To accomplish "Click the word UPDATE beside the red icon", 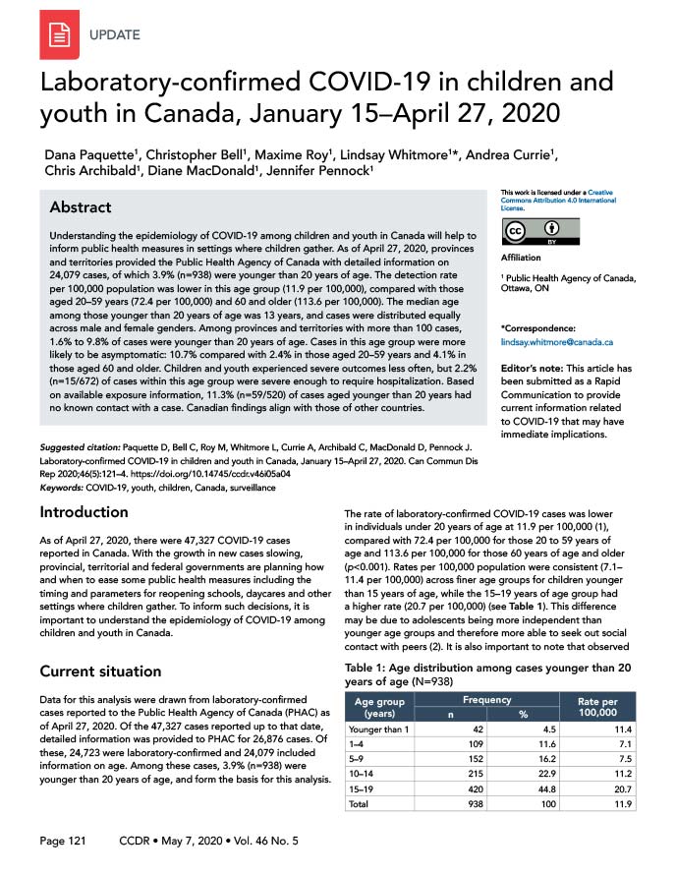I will (x=114, y=35).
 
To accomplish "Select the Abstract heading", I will (x=81, y=208).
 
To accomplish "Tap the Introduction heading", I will (x=84, y=512).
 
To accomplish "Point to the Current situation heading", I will (x=100, y=671).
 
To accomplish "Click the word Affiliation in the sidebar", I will (x=522, y=259).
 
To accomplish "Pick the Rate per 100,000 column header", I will (x=595, y=707).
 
